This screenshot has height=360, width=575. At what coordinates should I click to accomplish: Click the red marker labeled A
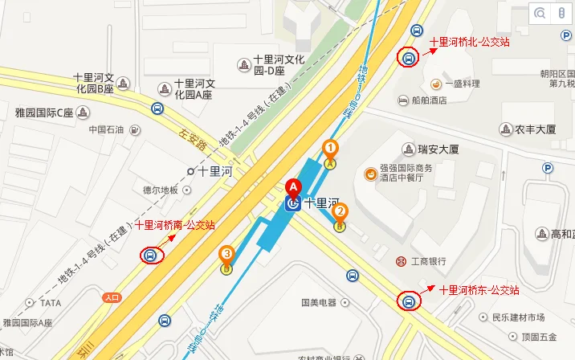pyautogui.click(x=293, y=189)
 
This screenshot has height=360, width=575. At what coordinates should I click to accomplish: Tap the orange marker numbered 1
pyautogui.click(x=329, y=148)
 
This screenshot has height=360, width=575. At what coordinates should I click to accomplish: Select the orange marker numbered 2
pyautogui.click(x=340, y=213)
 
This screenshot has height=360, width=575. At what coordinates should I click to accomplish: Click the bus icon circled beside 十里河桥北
pyautogui.click(x=408, y=58)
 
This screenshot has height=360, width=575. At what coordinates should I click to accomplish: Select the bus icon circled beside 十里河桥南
pyautogui.click(x=150, y=256)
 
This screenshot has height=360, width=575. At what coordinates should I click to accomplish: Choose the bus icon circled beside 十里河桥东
pyautogui.click(x=408, y=302)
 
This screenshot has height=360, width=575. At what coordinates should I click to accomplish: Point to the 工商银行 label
pyautogui.click(x=427, y=261)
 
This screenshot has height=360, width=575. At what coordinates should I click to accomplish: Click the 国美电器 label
pyautogui.click(x=318, y=303)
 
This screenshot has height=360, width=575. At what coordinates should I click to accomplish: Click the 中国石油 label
pyautogui.click(x=107, y=129)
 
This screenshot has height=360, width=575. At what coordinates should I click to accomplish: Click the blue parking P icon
pyautogui.click(x=548, y=168)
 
